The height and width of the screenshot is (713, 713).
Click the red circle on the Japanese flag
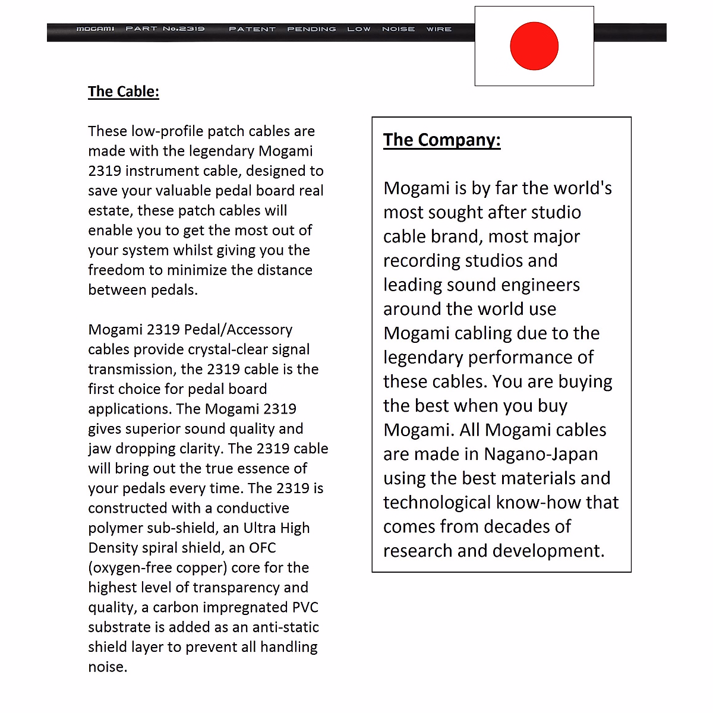click(x=534, y=46)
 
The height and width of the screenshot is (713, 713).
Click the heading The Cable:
click(x=124, y=92)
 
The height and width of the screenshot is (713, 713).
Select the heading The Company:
click(x=441, y=140)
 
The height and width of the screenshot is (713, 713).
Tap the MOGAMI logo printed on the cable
click(x=95, y=29)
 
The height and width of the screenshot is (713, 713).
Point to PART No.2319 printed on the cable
click(x=165, y=29)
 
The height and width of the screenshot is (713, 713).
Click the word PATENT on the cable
click(x=252, y=29)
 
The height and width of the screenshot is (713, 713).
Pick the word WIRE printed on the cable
click(x=439, y=29)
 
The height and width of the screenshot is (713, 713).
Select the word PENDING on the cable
click(x=311, y=29)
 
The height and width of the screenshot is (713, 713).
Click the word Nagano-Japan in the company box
click(x=541, y=454)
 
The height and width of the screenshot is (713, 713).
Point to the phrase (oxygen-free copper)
click(x=157, y=567)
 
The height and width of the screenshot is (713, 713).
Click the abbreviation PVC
click(x=305, y=607)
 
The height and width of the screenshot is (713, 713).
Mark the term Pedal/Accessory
click(x=238, y=330)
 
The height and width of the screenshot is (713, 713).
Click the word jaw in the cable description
click(x=99, y=449)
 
